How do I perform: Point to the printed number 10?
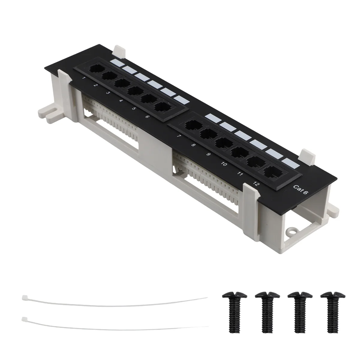pyautogui.click(x=224, y=164)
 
